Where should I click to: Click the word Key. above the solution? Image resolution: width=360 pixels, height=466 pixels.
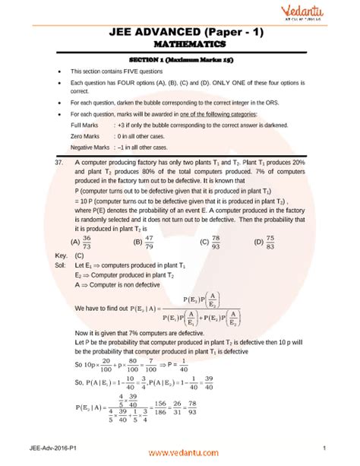coord(53,256)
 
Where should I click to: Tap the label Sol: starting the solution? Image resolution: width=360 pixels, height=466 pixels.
coord(52,265)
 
